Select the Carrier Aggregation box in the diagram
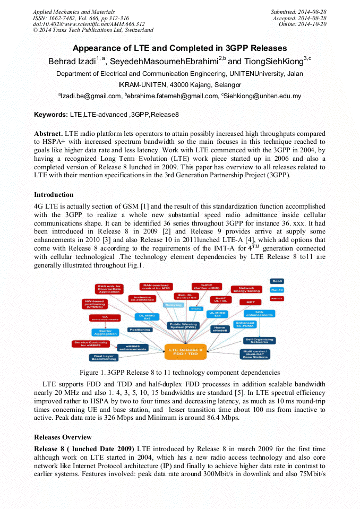tap(105, 332)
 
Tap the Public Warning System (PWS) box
tap(183, 325)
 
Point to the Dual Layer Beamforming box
tap(104, 358)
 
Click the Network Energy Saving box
tap(246, 289)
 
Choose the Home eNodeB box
tap(219, 329)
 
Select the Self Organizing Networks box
tap(259, 340)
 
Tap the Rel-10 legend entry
tap(277, 290)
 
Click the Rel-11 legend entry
tap(277, 299)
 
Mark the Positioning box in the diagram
tap(140, 329)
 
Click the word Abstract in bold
tap(49, 133)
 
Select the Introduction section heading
tap(54, 195)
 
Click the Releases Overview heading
tap(63, 437)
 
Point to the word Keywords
tap(50, 114)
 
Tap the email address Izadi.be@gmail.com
tap(90, 97)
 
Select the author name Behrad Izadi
tap(72, 62)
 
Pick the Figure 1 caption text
tap(179, 373)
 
